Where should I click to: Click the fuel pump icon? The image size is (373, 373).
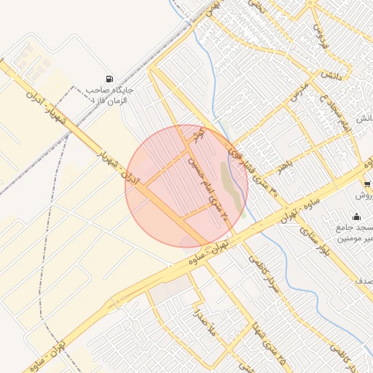click(x=109, y=79)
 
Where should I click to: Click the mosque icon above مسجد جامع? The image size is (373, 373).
click(x=356, y=216)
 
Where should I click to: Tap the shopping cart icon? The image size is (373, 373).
click(x=366, y=184)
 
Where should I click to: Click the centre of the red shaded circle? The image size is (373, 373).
click(x=186, y=186)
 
